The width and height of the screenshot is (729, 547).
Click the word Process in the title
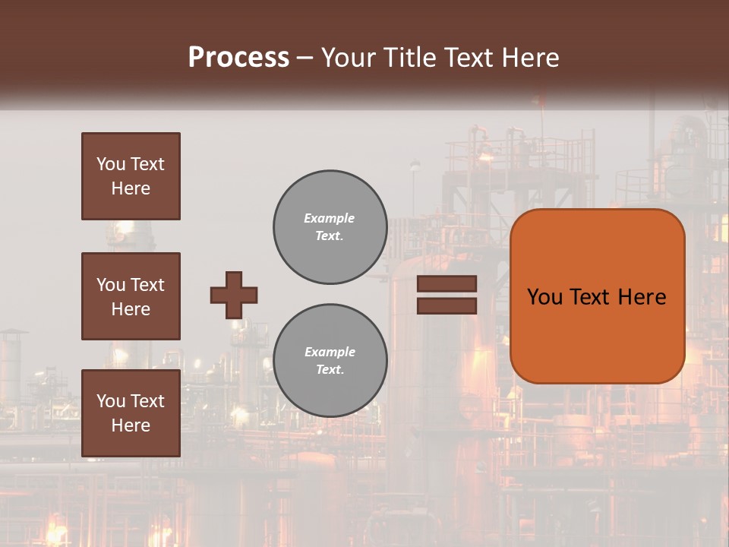pos(238,58)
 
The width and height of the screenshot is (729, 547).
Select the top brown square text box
pos(131,176)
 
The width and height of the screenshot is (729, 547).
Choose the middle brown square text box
pos(131,296)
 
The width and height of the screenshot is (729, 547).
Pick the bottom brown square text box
pos(131,413)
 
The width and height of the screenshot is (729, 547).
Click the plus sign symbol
pos(234,295)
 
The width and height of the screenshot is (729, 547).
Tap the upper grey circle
pos(330,227)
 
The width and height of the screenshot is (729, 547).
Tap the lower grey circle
pos(330,361)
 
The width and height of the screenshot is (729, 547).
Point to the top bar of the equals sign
pos(447,284)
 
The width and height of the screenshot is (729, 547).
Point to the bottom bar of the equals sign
pos(447,305)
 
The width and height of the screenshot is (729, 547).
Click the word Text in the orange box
pos(592,297)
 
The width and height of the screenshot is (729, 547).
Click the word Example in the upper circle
pos(330,218)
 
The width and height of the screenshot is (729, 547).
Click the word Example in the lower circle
pos(330,352)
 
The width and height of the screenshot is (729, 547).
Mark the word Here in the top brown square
pos(131,188)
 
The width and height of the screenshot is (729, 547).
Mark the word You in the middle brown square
pos(111,285)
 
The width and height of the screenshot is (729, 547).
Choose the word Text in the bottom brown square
pos(148,401)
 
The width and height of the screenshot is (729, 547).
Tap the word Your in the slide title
pos(348,58)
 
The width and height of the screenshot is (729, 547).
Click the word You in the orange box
pos(544,297)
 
